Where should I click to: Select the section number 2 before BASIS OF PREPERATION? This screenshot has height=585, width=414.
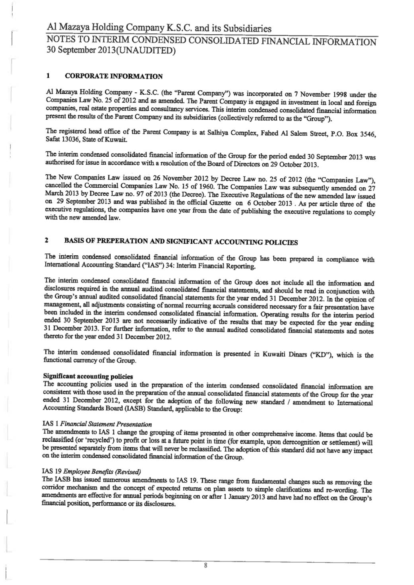point(47,240)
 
